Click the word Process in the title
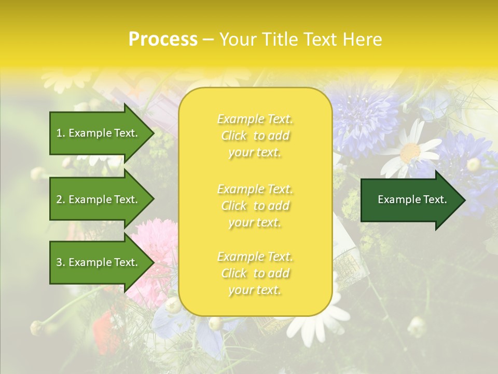[163, 39]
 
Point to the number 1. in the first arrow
[61, 133]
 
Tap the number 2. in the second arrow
[61, 199]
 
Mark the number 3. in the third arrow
[61, 262]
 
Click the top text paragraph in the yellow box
[255, 136]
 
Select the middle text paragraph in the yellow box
[255, 206]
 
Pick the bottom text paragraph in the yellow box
[255, 273]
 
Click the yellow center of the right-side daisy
[410, 152]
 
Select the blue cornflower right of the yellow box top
[363, 119]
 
